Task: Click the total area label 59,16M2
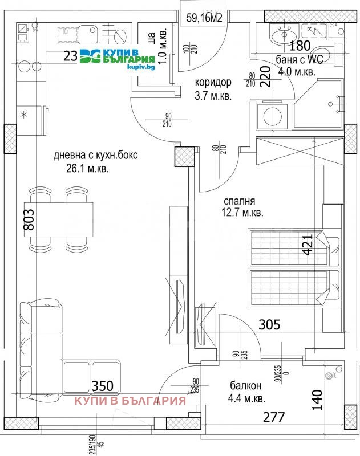204,18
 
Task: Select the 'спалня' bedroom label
239,201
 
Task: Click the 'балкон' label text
234,385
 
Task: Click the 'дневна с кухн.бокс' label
95,155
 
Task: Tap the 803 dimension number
29,220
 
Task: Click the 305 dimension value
269,325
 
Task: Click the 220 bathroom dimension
266,75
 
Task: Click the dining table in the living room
59,220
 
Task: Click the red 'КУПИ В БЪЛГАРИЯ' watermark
131,400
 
